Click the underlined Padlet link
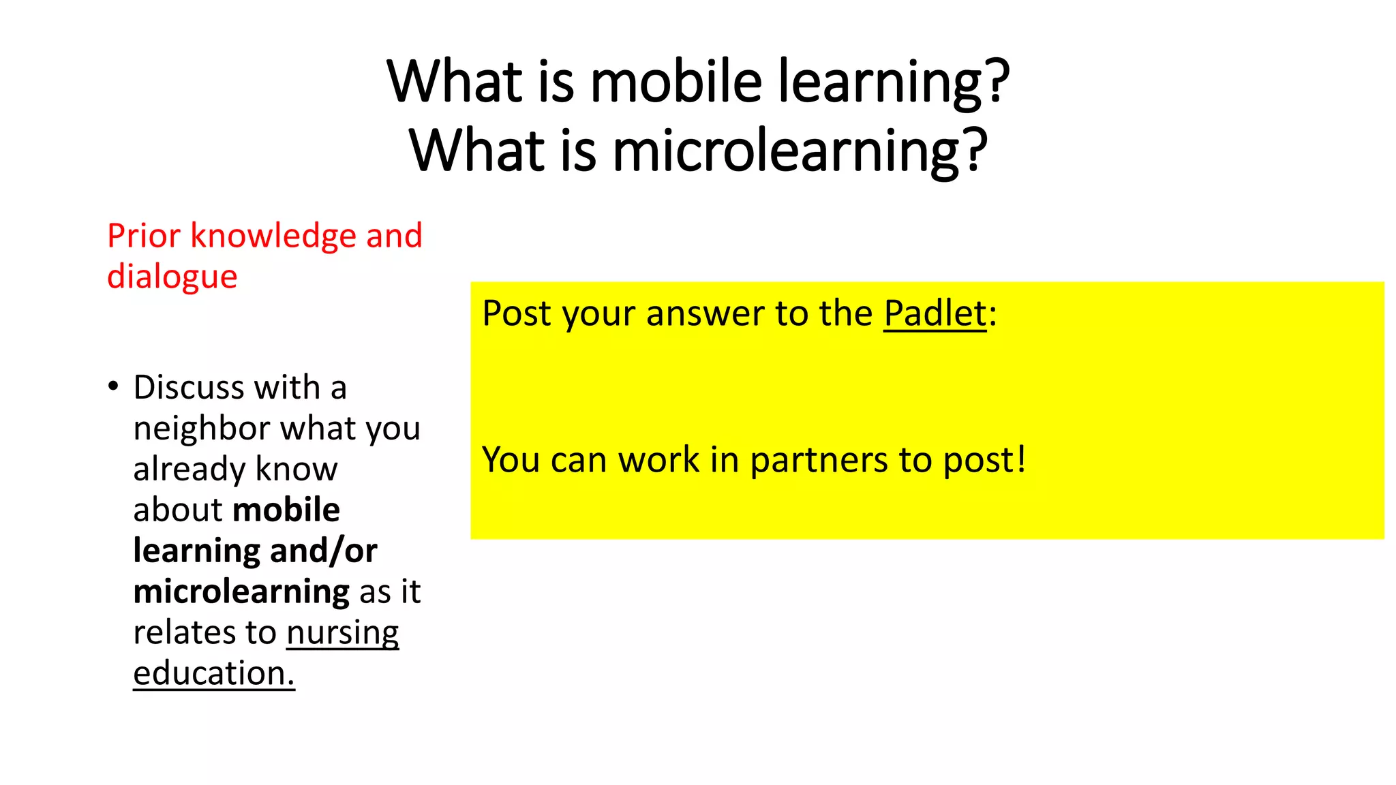pos(935,314)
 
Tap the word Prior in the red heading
pos(143,236)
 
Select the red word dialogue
pos(172,277)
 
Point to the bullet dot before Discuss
pos(113,386)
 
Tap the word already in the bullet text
pos(179,470)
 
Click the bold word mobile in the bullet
pos(286,510)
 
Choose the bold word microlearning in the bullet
pos(241,591)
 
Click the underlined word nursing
pos(342,634)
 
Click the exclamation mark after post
pos(1020,458)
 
